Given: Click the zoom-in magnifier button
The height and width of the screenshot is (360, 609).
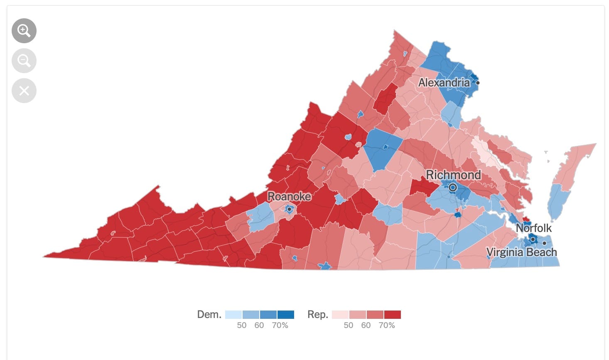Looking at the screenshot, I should [x=24, y=31].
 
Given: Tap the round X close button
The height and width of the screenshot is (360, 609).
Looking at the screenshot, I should [x=24, y=91].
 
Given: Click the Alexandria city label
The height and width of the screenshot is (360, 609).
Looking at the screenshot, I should [x=444, y=83].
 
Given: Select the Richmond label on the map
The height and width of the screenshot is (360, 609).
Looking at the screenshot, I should [x=453, y=175].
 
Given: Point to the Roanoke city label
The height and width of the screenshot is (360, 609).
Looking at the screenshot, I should [x=289, y=196].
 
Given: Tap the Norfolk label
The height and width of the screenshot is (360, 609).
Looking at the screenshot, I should [x=533, y=228].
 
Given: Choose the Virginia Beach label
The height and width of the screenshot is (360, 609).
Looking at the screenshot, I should [x=521, y=252].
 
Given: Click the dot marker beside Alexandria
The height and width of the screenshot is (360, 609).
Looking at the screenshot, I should [x=478, y=83].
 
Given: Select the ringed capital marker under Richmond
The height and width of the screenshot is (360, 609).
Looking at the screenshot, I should [x=453, y=187].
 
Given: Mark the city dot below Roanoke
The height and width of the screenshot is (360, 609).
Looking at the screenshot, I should [x=289, y=209].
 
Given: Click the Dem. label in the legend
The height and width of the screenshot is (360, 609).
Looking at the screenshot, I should [x=209, y=315].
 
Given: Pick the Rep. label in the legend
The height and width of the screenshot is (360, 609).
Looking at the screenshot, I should [x=317, y=315].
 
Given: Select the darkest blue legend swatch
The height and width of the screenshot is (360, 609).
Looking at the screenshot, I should [x=286, y=315].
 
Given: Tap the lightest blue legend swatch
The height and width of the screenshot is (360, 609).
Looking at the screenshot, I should [x=233, y=315].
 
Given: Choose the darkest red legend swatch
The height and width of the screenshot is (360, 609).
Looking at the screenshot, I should [x=393, y=315].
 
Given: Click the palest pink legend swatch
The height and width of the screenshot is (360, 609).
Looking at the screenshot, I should [x=340, y=315].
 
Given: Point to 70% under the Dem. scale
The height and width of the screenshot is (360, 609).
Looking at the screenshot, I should [x=280, y=325].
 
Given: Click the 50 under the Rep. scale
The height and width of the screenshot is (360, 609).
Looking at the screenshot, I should [x=349, y=325].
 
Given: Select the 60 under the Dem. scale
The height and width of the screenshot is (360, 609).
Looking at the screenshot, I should [x=259, y=325].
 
